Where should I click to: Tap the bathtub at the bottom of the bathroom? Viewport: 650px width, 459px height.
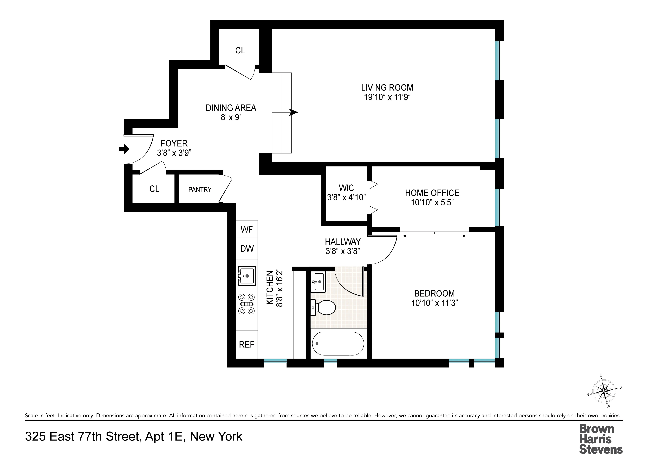point(338,343)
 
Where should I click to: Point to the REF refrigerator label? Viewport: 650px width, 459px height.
point(247,344)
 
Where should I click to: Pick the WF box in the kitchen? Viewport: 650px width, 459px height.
point(247,229)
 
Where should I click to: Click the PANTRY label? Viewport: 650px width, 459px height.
point(200,190)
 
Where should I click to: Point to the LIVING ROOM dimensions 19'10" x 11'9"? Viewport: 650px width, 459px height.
point(387,97)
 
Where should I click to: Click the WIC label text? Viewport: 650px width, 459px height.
point(346,188)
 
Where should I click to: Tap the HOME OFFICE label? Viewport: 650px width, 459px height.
point(432,193)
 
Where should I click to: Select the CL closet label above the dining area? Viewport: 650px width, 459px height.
point(240,50)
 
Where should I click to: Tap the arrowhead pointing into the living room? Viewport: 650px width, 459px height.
point(294,112)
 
